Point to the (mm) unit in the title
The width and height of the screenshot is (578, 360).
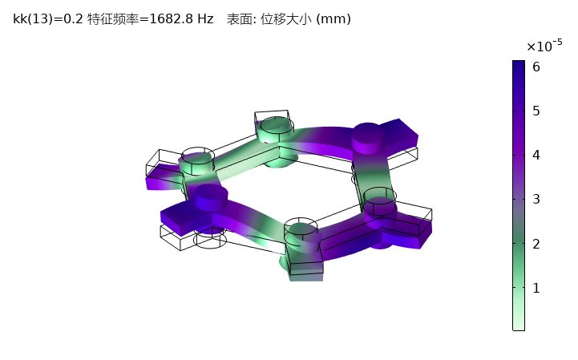333,18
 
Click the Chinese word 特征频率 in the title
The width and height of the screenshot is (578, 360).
110,18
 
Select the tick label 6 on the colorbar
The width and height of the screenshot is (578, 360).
536,67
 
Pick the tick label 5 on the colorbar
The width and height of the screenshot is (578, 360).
536,111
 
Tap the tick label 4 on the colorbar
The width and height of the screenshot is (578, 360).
536,155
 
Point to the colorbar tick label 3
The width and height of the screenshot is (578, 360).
536,199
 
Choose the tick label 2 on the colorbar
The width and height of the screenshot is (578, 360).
536,243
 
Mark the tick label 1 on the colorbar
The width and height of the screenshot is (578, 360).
536,287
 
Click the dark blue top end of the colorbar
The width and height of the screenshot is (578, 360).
519,64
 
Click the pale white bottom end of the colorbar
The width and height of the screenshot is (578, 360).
519,325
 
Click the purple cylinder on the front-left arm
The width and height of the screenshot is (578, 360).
212,196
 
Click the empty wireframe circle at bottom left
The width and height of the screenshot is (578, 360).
209,240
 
